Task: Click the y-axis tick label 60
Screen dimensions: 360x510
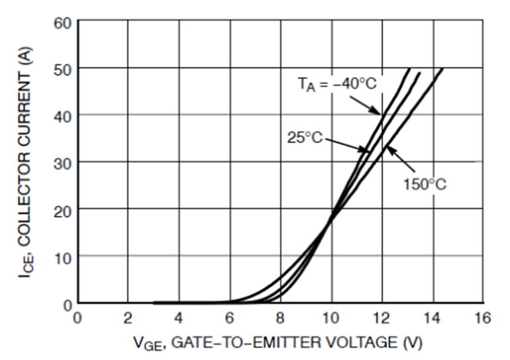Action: pos(62,23)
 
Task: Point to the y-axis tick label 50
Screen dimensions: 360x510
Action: pos(62,69)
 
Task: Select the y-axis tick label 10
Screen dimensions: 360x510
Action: pos(62,257)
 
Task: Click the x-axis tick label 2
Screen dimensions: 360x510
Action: pos(128,319)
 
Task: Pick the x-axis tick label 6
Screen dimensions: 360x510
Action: pos(230,319)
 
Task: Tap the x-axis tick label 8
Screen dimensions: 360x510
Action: pos(280,319)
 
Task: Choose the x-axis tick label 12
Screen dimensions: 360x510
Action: pos(382,319)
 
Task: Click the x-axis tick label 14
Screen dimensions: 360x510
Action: pos(433,319)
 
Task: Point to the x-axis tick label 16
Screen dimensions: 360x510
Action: pos(483,319)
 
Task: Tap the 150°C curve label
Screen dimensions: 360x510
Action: pos(425,183)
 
